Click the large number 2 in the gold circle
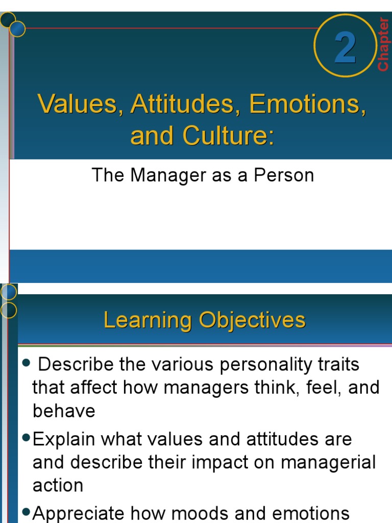click(x=345, y=49)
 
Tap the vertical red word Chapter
click(x=383, y=44)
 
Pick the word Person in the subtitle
click(x=284, y=175)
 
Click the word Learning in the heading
click(x=148, y=321)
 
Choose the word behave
click(x=64, y=411)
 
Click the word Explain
click(x=64, y=440)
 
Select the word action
click(x=58, y=486)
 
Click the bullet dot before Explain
click(x=27, y=439)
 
